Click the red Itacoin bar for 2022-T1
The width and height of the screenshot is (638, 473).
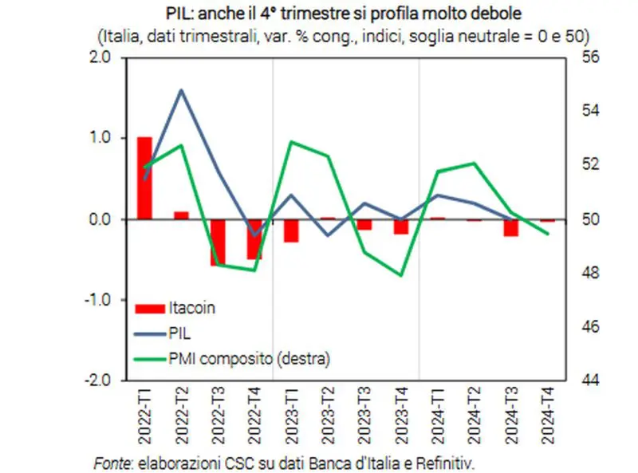(144, 178)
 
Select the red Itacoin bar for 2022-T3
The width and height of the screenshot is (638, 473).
(218, 242)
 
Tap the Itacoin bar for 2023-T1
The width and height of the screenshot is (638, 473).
(291, 230)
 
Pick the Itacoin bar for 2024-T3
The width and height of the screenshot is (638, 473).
(510, 227)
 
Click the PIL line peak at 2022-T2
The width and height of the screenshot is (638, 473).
(181, 89)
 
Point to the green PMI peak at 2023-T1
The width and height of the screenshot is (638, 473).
(292, 142)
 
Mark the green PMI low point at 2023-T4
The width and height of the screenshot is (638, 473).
(401, 275)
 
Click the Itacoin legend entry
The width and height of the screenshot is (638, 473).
(191, 305)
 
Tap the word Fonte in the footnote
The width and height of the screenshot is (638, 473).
(112, 462)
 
